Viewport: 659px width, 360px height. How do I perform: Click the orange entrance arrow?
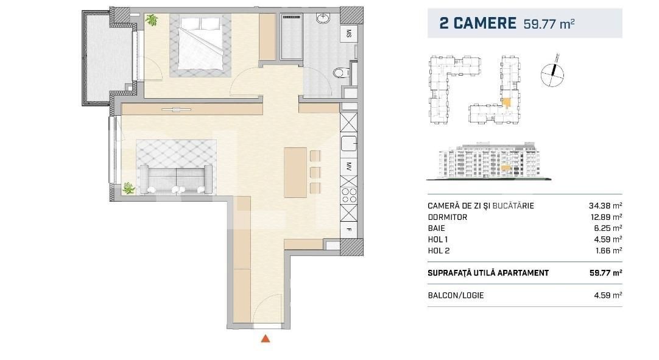[265, 339]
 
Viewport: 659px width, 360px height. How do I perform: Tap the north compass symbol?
[552, 74]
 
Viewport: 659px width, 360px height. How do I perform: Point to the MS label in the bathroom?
[349, 34]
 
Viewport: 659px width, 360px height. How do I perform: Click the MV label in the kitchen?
[349, 164]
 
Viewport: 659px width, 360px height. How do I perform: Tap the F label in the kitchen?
[349, 230]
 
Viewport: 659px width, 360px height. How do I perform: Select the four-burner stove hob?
[349, 195]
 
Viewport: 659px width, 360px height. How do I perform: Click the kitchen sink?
[349, 144]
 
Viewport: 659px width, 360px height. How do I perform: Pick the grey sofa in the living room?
[175, 177]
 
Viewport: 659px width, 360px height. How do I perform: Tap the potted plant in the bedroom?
[151, 20]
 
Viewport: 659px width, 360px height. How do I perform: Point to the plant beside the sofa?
[129, 188]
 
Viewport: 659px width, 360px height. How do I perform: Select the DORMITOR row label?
[448, 217]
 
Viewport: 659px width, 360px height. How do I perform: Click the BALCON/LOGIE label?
[456, 295]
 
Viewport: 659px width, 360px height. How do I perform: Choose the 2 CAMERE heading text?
[478, 24]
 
